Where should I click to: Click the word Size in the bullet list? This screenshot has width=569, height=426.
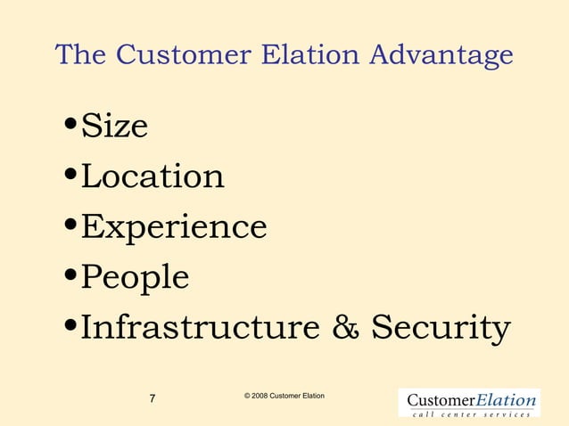point(114,127)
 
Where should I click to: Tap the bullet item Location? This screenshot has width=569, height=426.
point(153,176)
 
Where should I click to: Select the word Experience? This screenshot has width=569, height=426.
point(174,227)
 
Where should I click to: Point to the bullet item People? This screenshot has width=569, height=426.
point(136,278)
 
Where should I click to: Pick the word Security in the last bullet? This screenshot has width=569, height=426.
point(441,328)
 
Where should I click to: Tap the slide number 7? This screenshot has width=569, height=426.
point(153,398)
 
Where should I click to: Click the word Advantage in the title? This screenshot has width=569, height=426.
point(442,55)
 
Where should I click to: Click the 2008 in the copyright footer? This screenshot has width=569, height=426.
point(258,395)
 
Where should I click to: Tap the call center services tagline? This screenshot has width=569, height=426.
point(471,414)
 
